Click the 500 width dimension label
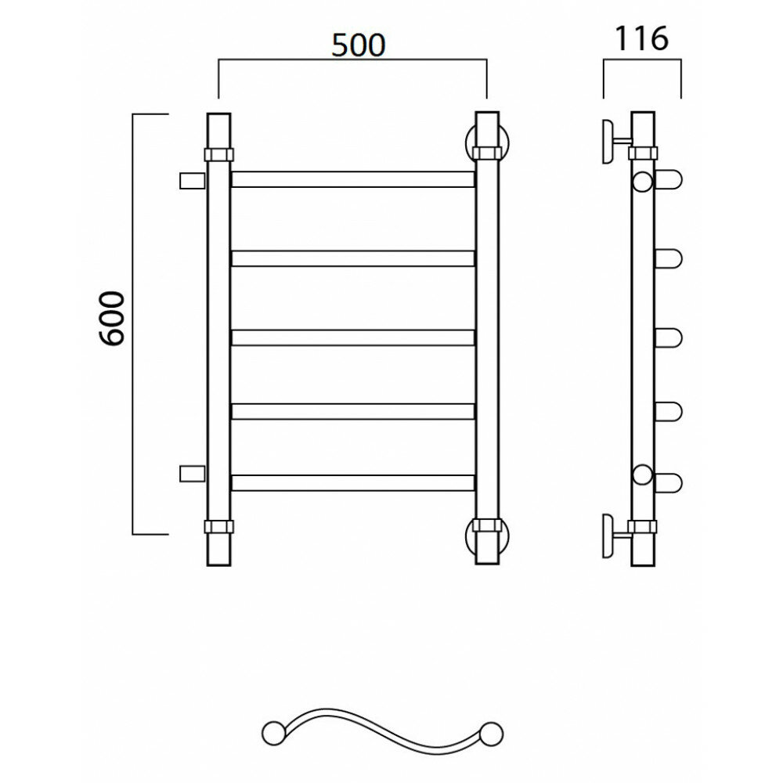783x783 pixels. click(359, 45)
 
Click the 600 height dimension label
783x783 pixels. click(111, 319)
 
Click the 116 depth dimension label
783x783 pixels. click(641, 38)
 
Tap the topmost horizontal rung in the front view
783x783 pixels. click(352, 179)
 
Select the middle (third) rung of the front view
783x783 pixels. click(352, 337)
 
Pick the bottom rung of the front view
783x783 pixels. click(352, 483)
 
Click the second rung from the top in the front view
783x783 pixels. click(352, 258)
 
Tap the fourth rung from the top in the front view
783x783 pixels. click(352, 411)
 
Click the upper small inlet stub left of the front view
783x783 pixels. click(193, 181)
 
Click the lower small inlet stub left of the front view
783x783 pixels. click(193, 474)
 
